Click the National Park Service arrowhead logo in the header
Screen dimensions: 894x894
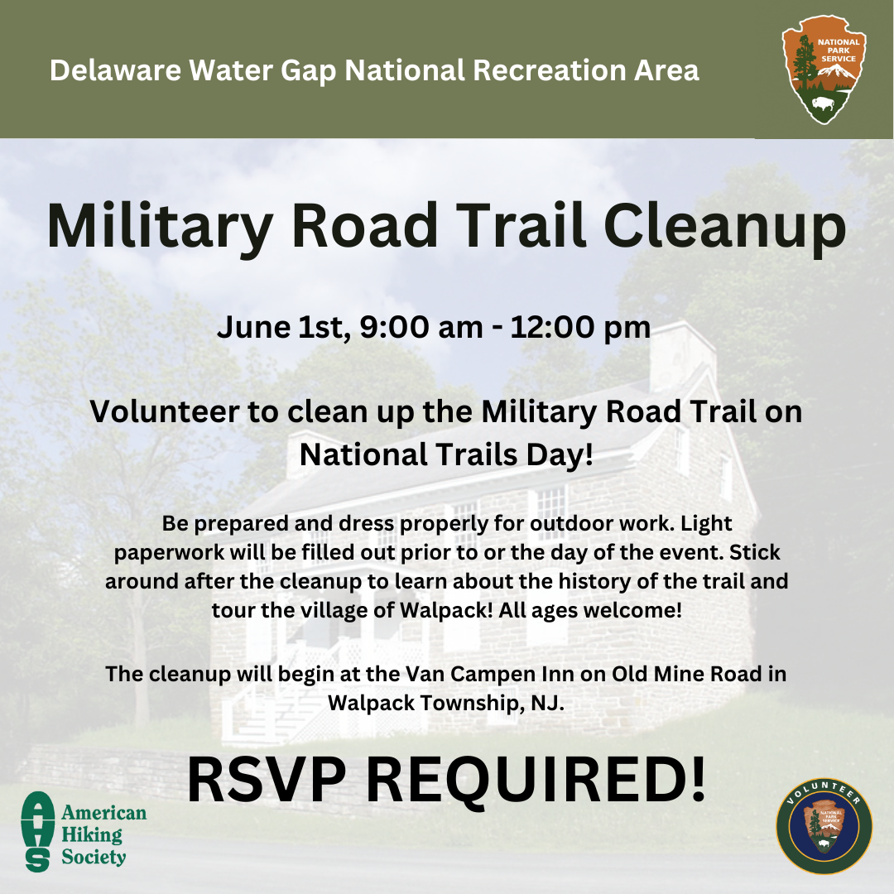pos(824,69)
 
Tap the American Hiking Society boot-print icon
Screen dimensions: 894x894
pos(37,831)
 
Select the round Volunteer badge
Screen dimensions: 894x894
pos(824,826)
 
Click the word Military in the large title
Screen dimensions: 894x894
pos(159,226)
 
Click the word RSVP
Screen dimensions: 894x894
pos(267,780)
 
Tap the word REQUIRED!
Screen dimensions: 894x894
pos(536,781)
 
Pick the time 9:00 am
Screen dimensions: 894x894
pos(421,328)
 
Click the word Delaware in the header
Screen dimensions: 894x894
pos(115,70)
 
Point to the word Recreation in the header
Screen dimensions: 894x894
pos(550,70)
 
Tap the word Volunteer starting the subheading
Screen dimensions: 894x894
pos(164,411)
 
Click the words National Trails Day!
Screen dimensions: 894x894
pos(446,455)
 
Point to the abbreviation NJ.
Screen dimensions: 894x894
pos(547,704)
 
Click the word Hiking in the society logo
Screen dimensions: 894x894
pos(92,835)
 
